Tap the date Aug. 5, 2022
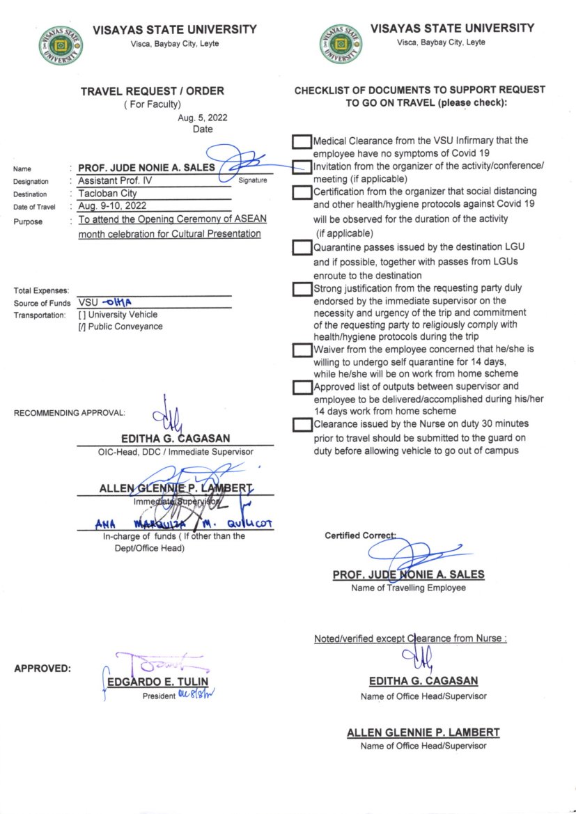(x=203, y=118)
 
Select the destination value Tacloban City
(x=108, y=194)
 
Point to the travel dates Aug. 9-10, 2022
(x=113, y=207)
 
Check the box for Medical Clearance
(x=302, y=142)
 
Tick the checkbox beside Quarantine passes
(x=302, y=247)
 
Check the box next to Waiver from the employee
(x=302, y=350)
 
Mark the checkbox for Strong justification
(x=302, y=289)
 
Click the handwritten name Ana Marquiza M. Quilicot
(x=184, y=524)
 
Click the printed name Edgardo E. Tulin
(x=157, y=682)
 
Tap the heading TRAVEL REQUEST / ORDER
(x=153, y=91)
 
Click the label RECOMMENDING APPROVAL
(x=70, y=413)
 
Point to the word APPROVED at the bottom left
(x=42, y=669)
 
